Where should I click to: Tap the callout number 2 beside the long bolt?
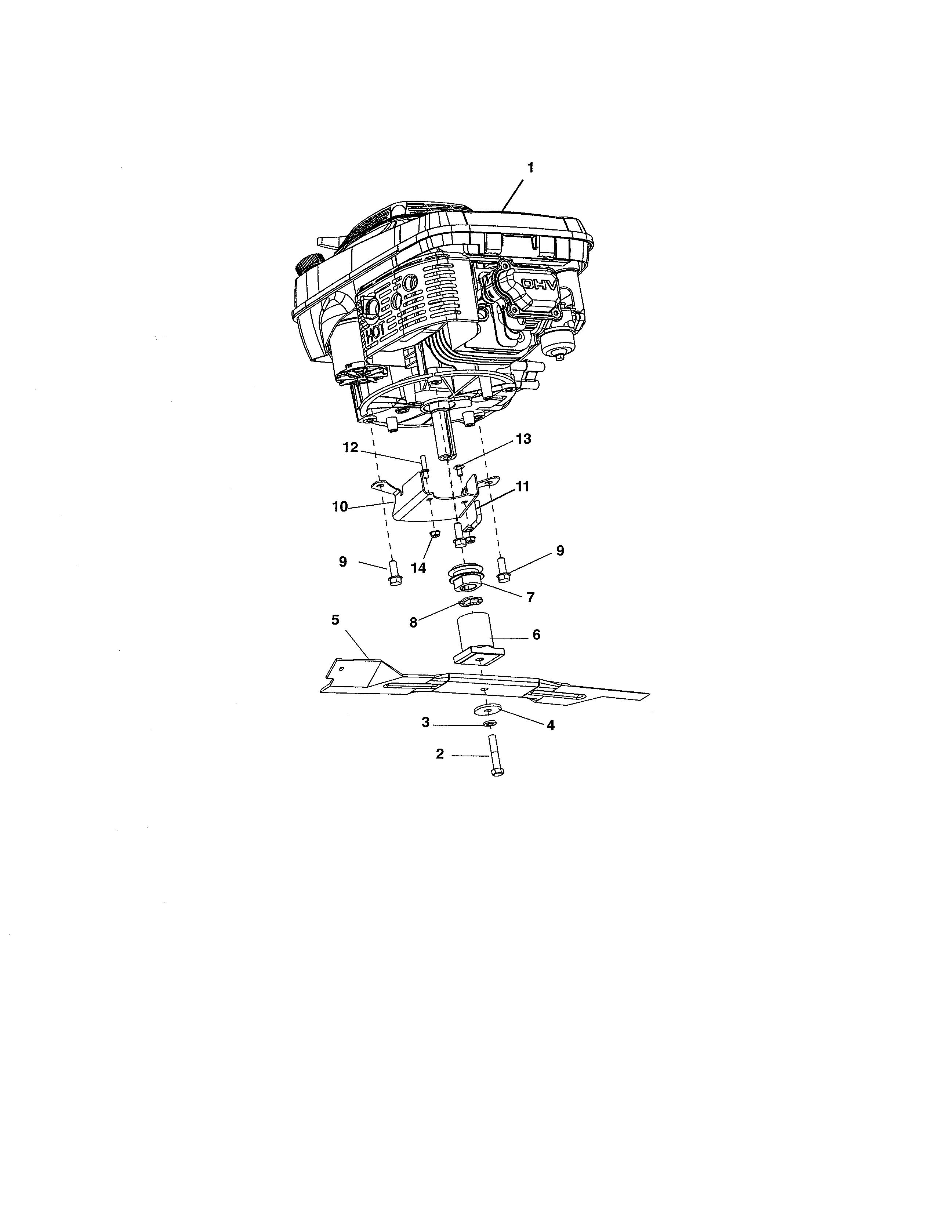440,754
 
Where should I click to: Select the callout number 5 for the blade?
335,620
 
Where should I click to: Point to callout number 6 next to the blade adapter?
536,635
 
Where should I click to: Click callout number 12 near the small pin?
350,447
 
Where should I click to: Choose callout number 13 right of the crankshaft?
523,439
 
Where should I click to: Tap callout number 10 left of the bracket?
340,506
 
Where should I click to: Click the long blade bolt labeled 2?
495,756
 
